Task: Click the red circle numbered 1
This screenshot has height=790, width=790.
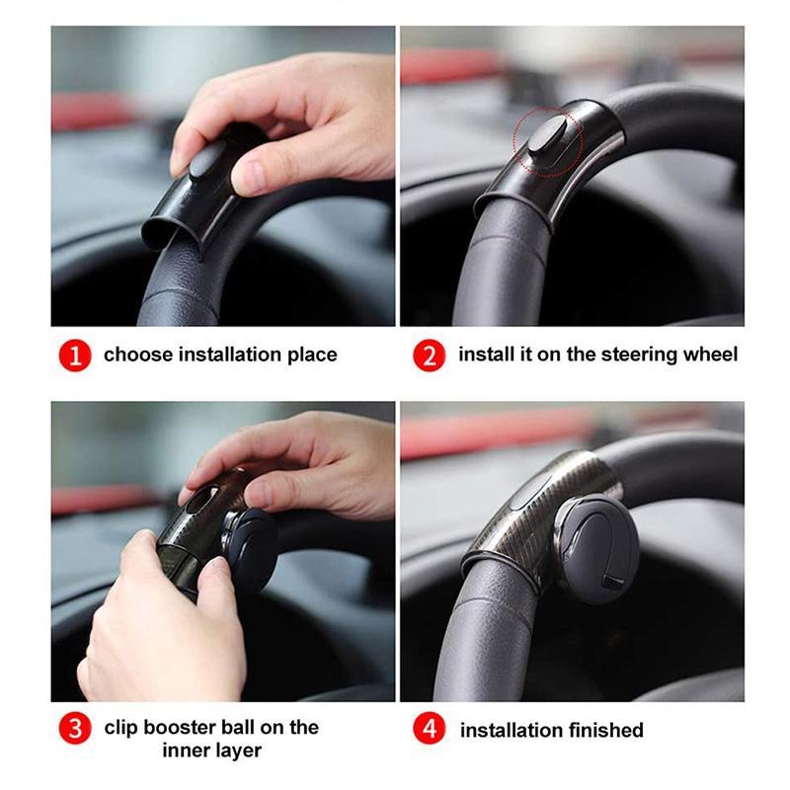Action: (75, 355)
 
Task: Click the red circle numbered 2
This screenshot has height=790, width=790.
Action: (429, 355)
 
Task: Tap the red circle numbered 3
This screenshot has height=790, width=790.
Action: (75, 729)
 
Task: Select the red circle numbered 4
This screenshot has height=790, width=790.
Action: (429, 730)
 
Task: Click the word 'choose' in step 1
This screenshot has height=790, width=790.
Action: (137, 355)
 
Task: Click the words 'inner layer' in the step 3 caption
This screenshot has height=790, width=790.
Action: (212, 750)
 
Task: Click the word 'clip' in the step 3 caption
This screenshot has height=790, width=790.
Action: (122, 728)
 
